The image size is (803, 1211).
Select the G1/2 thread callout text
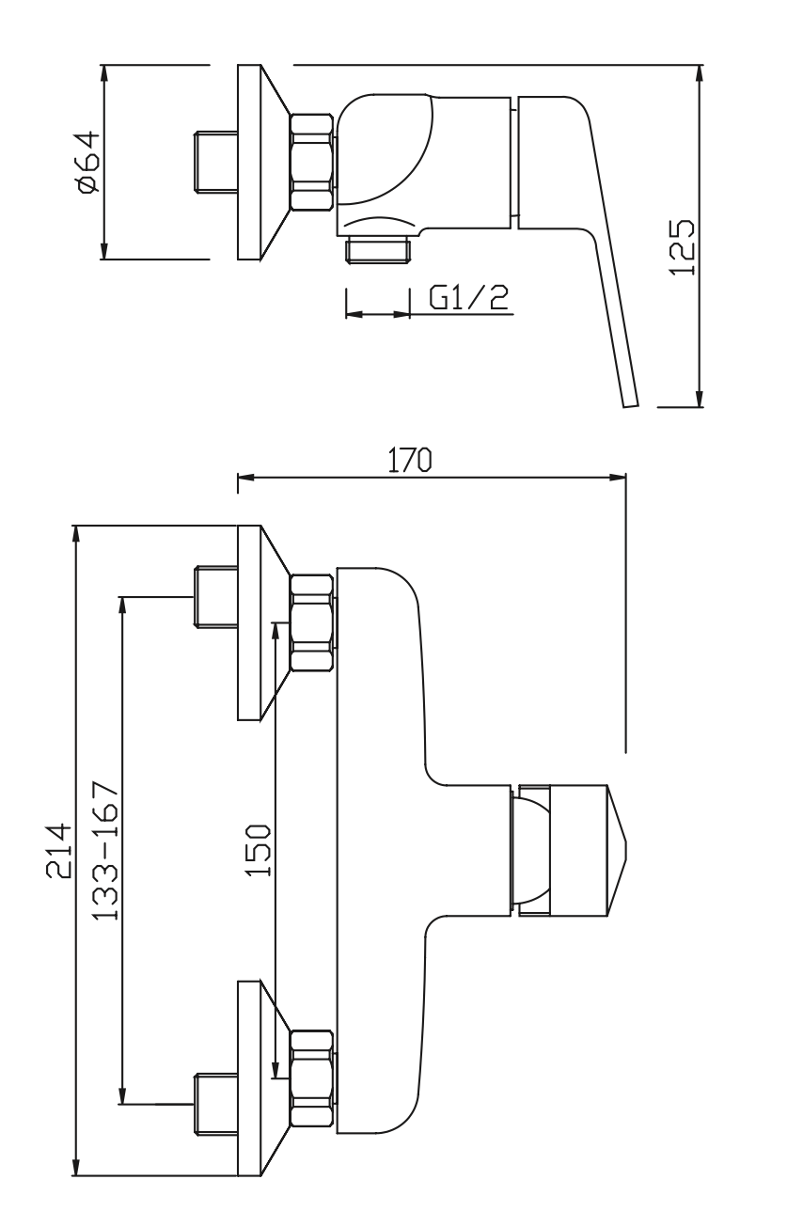point(467,299)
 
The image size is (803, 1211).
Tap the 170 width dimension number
point(410,460)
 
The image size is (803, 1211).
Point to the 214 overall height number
point(58,851)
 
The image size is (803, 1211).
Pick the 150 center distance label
point(258,851)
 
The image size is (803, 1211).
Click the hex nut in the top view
point(311,162)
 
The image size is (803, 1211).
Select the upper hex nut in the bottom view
point(311,622)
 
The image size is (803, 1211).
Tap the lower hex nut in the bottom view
point(311,1079)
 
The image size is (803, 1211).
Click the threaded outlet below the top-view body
point(378,249)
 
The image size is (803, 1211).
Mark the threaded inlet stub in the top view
point(215,162)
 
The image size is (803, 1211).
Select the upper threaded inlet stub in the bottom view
point(215,596)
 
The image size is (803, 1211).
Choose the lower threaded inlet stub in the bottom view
point(215,1102)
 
